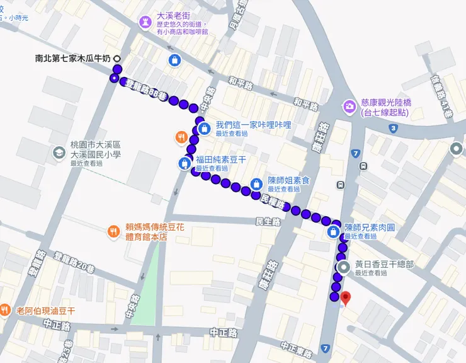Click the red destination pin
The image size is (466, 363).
click(x=344, y=298)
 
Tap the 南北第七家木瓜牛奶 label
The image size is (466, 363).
click(x=72, y=59)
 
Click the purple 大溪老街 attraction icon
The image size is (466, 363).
click(x=145, y=23)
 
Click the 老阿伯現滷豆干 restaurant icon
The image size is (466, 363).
click(x=5, y=310)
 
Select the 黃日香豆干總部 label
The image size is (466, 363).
click(x=384, y=265)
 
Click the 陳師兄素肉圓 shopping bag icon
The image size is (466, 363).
click(x=332, y=232)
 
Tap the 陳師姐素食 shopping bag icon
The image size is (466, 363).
click(x=256, y=183)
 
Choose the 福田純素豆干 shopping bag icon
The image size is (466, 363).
click(x=184, y=163)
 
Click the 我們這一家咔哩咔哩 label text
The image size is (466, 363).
click(x=253, y=125)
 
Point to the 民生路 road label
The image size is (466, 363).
click(x=267, y=221)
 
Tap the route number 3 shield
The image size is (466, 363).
click(x=393, y=128)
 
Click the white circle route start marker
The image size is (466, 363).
click(x=117, y=59)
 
